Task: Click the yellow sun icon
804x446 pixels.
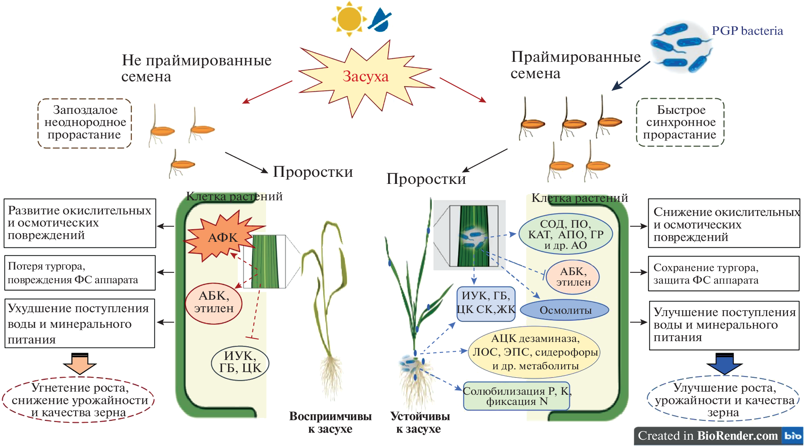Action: coord(349,18)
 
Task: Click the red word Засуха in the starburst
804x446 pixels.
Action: coord(365,77)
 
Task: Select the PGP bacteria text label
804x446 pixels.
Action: coord(747,31)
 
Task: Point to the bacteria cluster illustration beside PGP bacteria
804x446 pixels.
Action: coord(681,47)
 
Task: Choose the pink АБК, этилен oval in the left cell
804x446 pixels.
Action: coord(214,303)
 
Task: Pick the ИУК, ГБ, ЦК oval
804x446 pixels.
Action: coord(240,362)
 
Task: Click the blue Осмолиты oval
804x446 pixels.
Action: coord(565,310)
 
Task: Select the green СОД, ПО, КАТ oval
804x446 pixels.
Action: coord(565,234)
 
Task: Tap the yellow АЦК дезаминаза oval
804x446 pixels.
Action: coord(535,352)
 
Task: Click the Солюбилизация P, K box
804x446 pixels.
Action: coord(516,396)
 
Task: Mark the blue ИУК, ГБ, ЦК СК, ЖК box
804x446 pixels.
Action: coord(486,304)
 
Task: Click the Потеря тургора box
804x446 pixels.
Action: coord(80,273)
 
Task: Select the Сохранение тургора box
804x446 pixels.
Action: coord(723,273)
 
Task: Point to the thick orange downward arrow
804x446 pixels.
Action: coord(80,363)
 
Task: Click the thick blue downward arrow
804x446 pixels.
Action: coord(724,363)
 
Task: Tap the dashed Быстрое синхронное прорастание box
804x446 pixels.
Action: coord(680,122)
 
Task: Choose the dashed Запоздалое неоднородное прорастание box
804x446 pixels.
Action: coord(85,123)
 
